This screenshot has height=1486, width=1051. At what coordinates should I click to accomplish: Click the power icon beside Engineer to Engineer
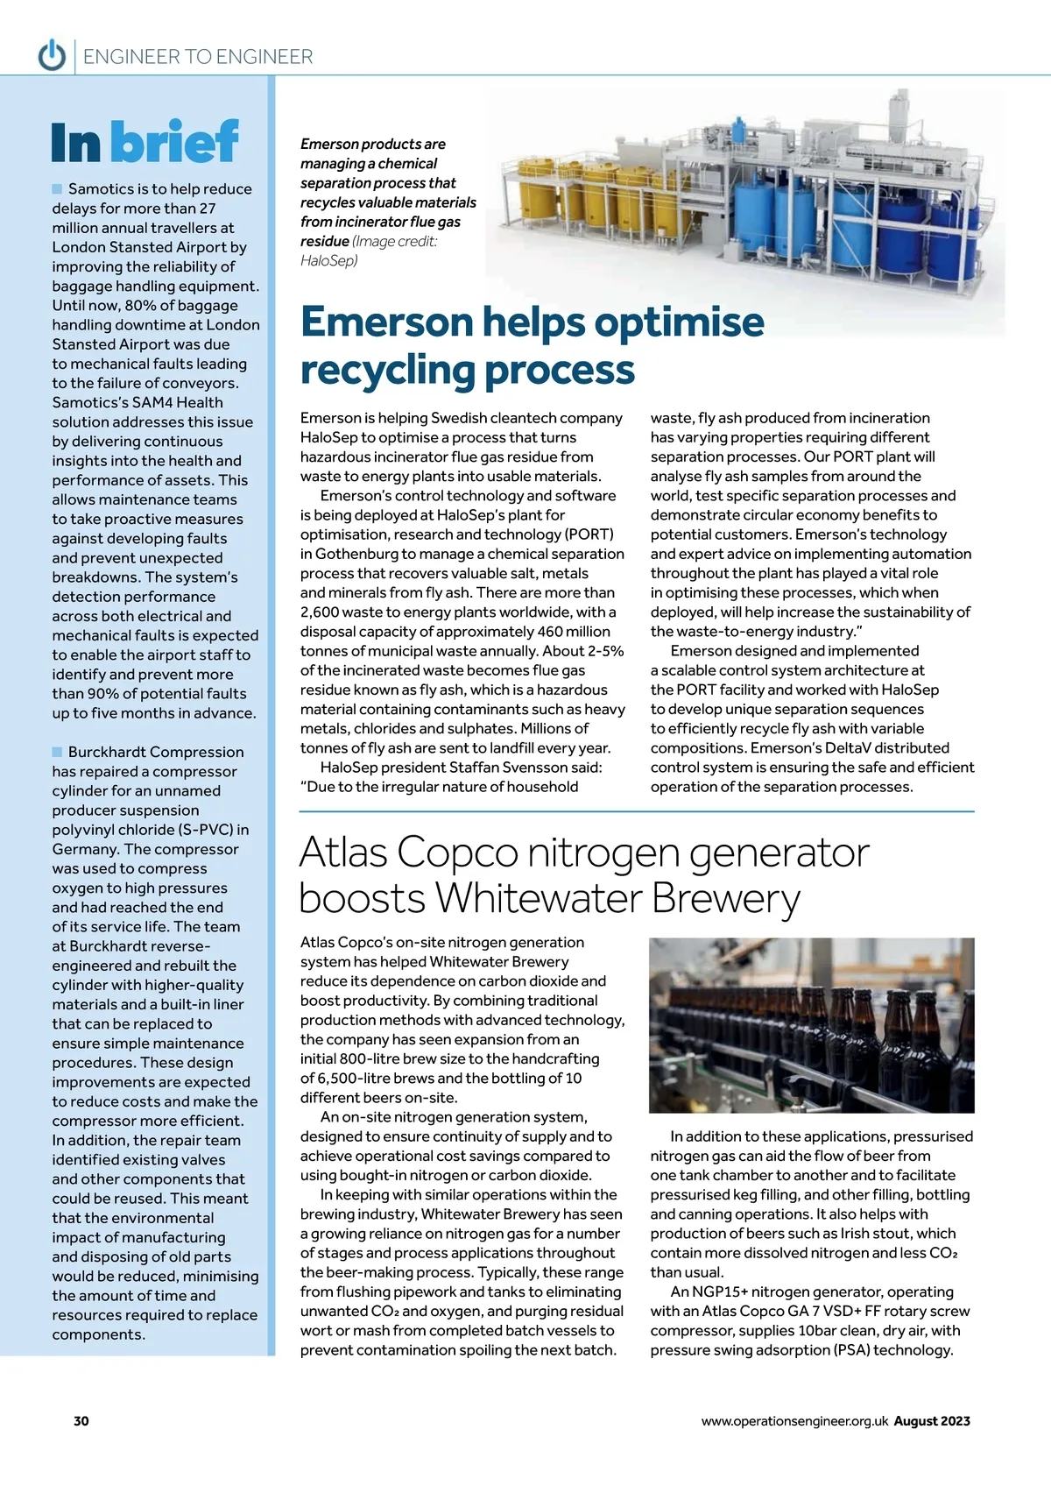point(53,55)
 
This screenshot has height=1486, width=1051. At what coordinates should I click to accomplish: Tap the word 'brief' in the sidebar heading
point(174,141)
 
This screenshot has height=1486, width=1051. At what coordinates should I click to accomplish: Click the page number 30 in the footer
point(81,1421)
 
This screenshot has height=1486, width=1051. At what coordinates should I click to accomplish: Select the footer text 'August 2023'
point(932,1421)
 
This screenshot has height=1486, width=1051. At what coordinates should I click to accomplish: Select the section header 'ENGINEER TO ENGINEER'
point(198,57)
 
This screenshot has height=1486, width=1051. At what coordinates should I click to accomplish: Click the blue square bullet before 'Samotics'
point(58,188)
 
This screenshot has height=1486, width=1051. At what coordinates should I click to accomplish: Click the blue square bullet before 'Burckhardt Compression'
point(58,752)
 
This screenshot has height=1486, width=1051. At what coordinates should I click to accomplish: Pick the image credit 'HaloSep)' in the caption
point(329,260)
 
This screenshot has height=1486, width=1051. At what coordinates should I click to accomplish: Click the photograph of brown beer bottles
point(811,1025)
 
